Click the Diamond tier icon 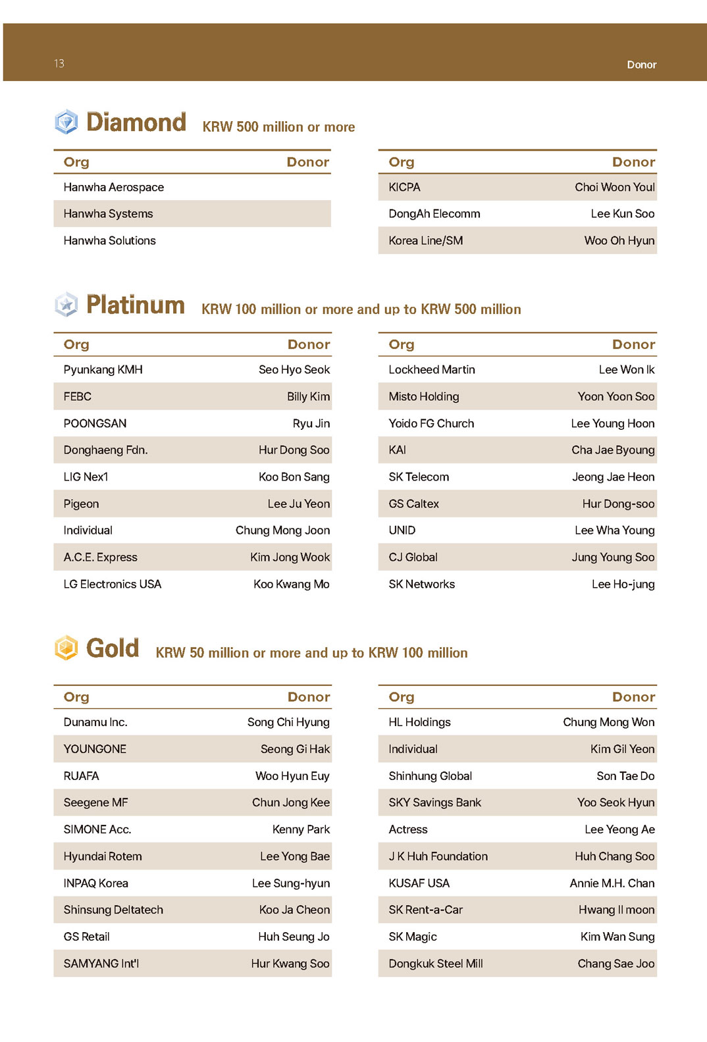66,122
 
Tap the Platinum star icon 66,304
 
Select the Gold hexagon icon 66,648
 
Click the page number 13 59,64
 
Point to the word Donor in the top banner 641,65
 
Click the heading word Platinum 136,305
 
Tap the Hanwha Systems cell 109,214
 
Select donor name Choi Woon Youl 614,188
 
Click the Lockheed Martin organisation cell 432,370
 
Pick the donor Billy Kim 308,397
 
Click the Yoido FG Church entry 431,424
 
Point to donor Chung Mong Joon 282,531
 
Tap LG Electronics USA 113,585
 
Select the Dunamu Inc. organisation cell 95,723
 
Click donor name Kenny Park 301,830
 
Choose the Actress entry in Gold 408,830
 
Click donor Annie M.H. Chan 612,883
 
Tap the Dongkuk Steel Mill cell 436,964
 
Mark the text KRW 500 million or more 278,127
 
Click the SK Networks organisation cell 422,585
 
